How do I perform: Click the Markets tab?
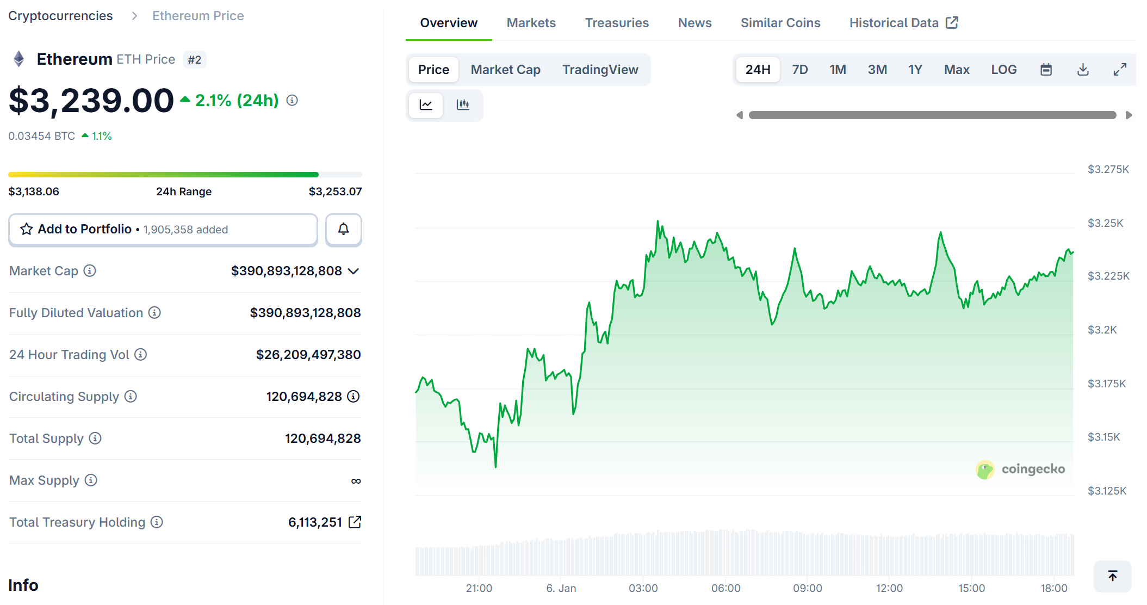531,23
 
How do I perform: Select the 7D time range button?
799,70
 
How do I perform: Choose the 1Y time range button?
915,70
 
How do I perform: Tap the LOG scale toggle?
1003,70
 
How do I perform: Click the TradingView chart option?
600,70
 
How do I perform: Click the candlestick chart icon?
463,104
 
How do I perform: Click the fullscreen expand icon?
1119,70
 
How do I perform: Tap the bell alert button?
343,229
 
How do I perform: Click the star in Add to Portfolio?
27,229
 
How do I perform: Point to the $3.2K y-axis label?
1102,330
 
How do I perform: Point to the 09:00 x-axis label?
807,588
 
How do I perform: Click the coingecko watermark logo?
985,470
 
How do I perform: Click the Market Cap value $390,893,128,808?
287,271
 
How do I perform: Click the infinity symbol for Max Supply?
356,481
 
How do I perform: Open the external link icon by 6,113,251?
355,522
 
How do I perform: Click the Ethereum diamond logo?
19,59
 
